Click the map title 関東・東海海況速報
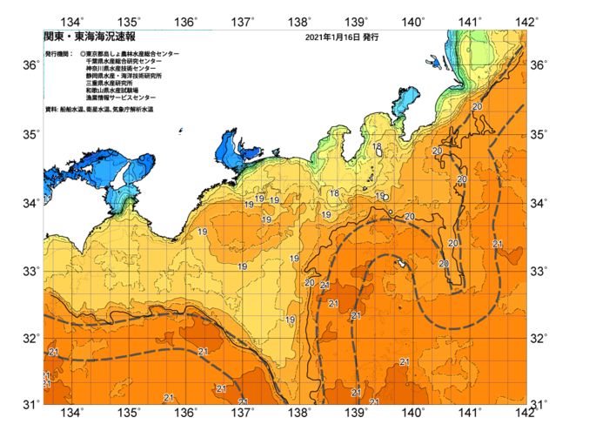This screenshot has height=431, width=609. pyautogui.click(x=90, y=37)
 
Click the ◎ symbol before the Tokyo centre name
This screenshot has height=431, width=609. pyautogui.click(x=83, y=54)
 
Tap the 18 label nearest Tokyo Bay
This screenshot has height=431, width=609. pyautogui.click(x=378, y=148)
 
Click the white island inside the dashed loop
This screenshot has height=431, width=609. pyautogui.click(x=403, y=262)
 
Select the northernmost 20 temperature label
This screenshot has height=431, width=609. pyautogui.click(x=477, y=107)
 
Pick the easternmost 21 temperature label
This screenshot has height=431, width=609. pyautogui.click(x=497, y=244)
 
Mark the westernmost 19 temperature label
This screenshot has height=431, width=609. pyautogui.click(x=202, y=232)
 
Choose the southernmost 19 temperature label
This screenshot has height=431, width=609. pyautogui.click(x=291, y=320)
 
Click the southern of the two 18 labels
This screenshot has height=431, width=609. pyautogui.click(x=334, y=193)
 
